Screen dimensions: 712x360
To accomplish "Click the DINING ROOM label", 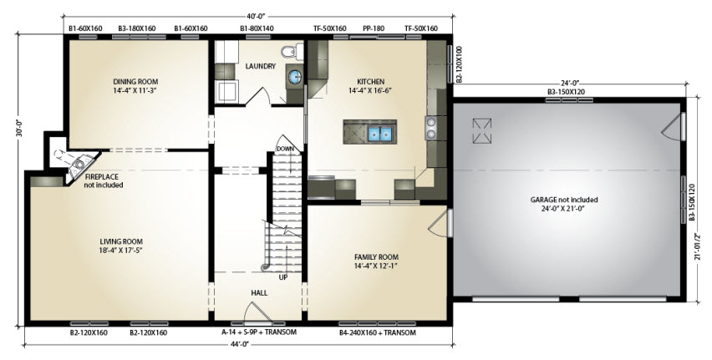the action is pyautogui.click(x=135, y=82).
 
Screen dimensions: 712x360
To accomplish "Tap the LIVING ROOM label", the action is pyautogui.click(x=121, y=241).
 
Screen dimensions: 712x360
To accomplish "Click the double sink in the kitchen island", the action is pyautogui.click(x=379, y=134).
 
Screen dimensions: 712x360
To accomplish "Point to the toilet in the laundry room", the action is pyautogui.click(x=292, y=52).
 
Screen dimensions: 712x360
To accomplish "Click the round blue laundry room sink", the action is pyautogui.click(x=295, y=76).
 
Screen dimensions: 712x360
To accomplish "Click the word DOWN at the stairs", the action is pyautogui.click(x=285, y=149).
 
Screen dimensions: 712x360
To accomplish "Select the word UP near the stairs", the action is pyautogui.click(x=283, y=277).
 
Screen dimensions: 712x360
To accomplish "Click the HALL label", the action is pyautogui.click(x=259, y=293).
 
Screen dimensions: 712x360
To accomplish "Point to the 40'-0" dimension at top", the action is pyautogui.click(x=257, y=17).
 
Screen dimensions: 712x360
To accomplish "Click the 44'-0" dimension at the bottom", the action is pyautogui.click(x=238, y=344).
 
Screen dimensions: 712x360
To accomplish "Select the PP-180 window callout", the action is pyautogui.click(x=374, y=28).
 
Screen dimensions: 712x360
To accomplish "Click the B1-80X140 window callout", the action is pyautogui.click(x=257, y=28).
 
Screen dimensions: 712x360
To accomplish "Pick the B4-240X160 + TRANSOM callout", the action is pyautogui.click(x=378, y=332).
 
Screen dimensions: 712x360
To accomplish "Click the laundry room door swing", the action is pyautogui.click(x=258, y=96).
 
